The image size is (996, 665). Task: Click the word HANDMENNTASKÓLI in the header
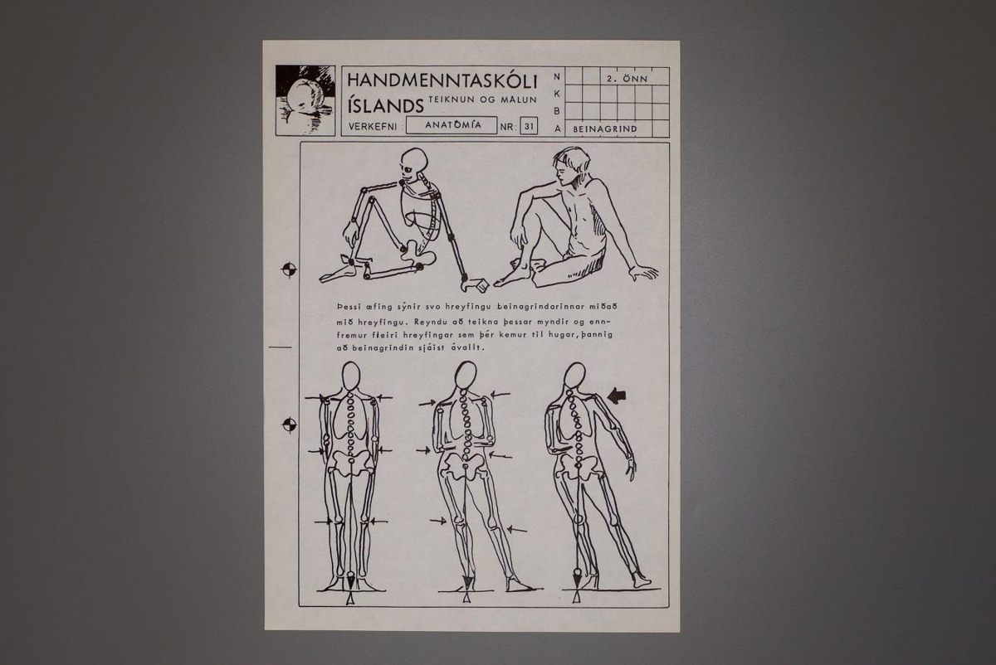(x=442, y=81)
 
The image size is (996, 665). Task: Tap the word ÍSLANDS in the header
(x=385, y=106)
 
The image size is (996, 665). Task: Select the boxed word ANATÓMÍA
(x=452, y=125)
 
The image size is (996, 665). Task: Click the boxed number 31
(x=529, y=127)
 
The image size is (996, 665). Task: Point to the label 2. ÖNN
(x=627, y=79)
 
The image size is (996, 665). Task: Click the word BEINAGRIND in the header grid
(x=605, y=129)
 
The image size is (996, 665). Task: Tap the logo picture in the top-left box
(x=305, y=100)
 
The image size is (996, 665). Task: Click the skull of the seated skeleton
(x=413, y=163)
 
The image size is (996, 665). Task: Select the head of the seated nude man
(x=571, y=166)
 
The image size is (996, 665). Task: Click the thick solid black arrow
(x=618, y=396)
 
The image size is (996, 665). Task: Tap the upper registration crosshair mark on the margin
(x=289, y=269)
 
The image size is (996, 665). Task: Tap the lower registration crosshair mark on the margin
(x=290, y=425)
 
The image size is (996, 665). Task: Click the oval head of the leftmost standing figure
(x=351, y=376)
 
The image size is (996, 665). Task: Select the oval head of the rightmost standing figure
(x=575, y=376)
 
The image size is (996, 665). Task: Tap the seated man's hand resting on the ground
(x=643, y=272)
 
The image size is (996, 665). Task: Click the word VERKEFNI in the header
(x=373, y=127)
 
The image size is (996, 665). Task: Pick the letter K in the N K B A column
(x=557, y=94)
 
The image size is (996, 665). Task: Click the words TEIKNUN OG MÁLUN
(x=482, y=100)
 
